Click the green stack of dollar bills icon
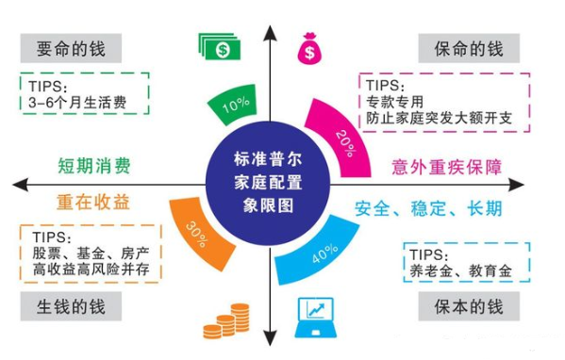[x=220, y=46]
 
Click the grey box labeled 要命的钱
[x=71, y=48]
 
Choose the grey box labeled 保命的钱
[x=469, y=48]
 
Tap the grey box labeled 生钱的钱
[x=71, y=306]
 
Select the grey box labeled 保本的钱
[x=469, y=306]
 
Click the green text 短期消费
[x=94, y=166]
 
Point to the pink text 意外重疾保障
[x=446, y=168]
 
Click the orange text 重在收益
[x=93, y=202]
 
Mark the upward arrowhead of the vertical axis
[x=270, y=33]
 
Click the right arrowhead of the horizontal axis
[x=516, y=185]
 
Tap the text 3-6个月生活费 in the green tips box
[x=77, y=103]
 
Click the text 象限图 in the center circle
[x=268, y=206]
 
